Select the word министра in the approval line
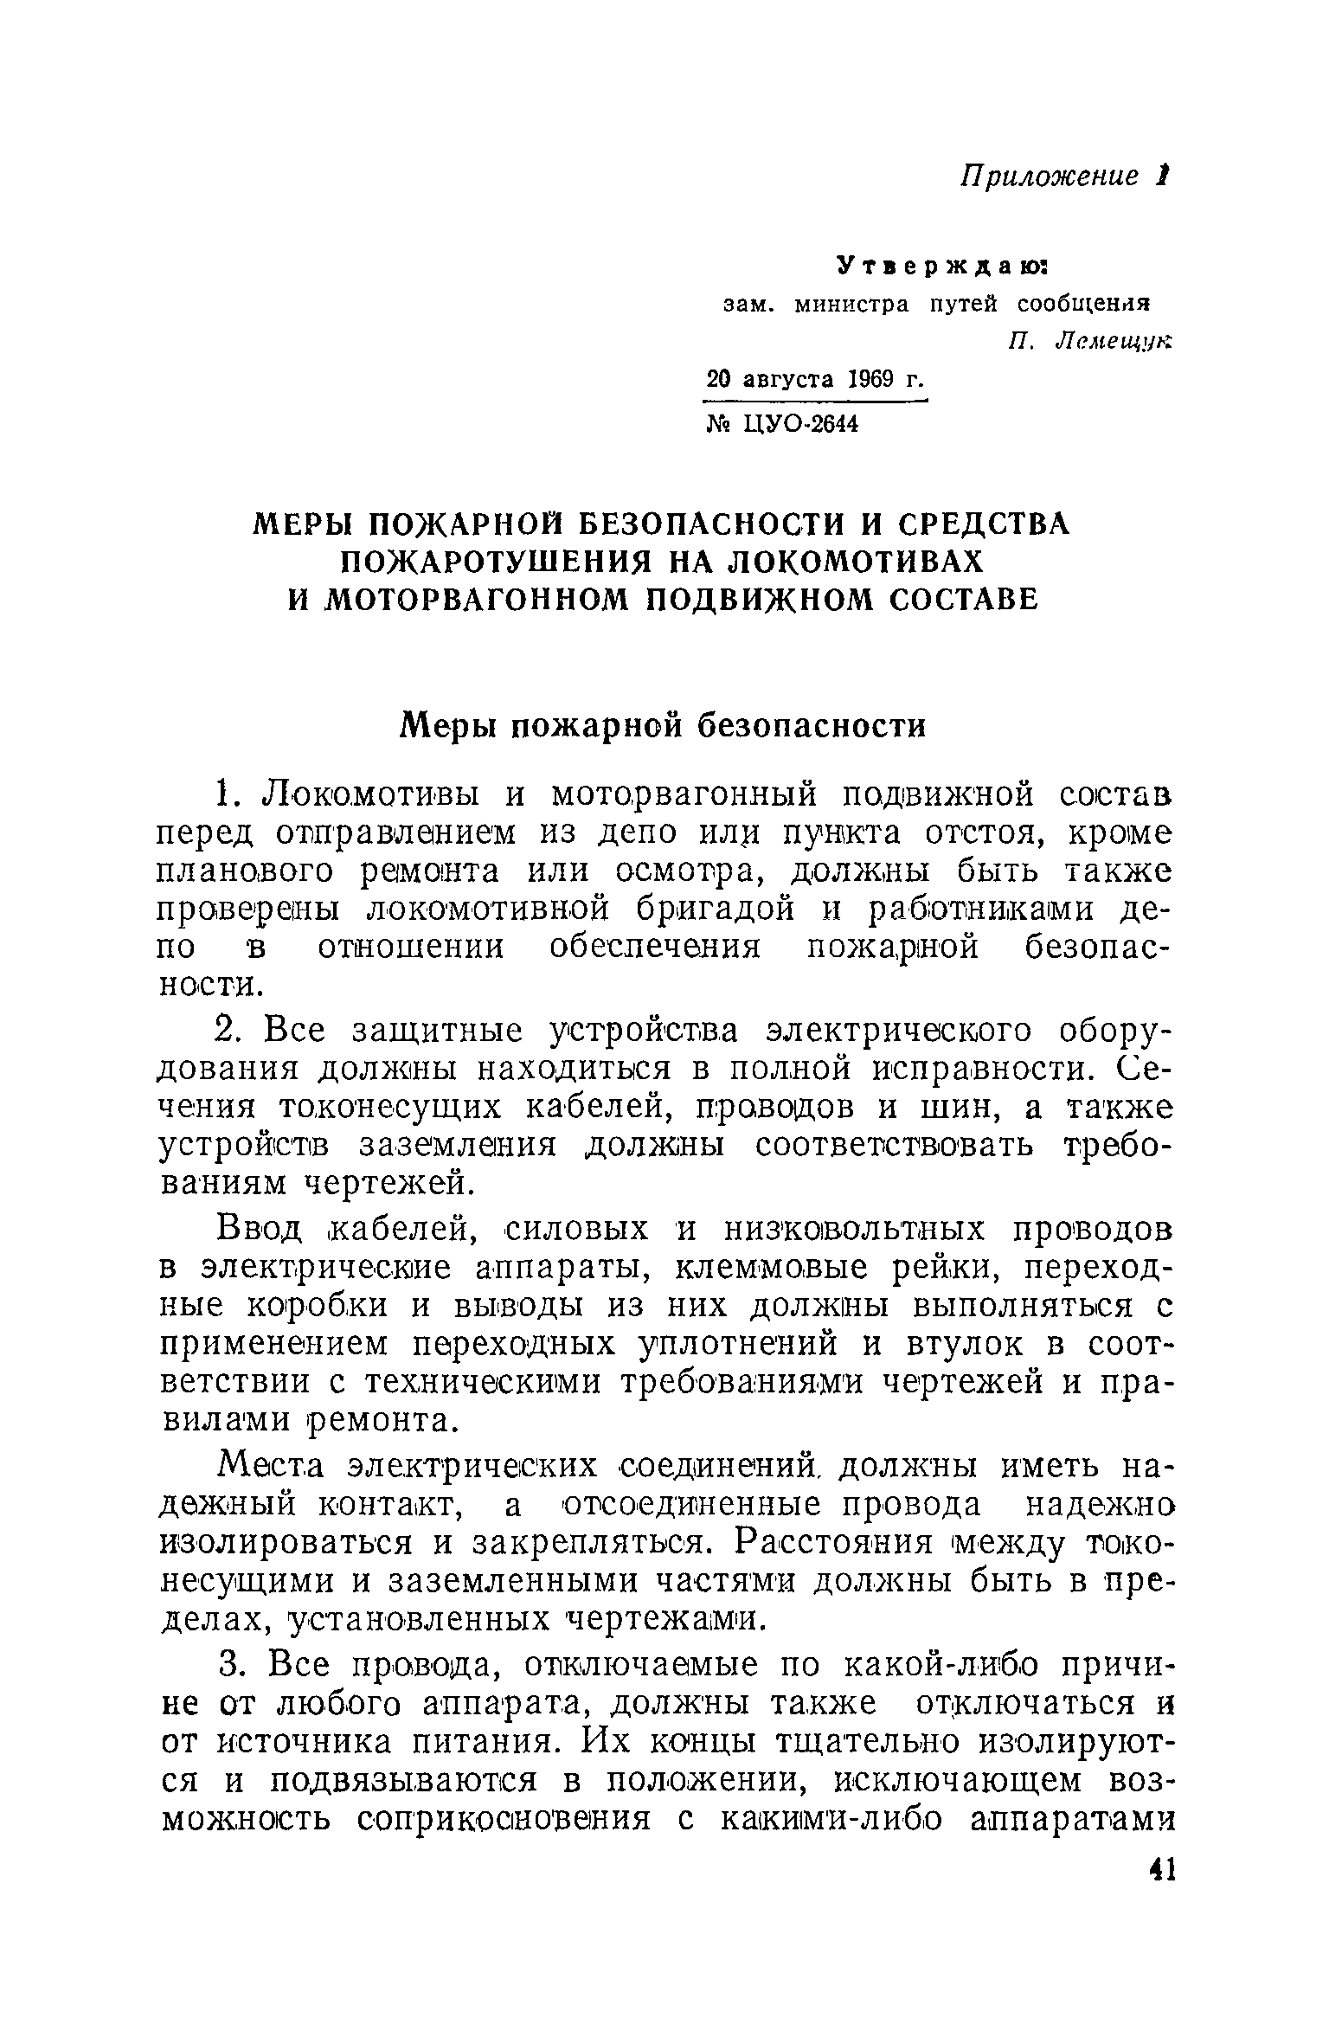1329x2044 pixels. point(851,305)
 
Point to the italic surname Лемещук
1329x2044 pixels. point(1114,341)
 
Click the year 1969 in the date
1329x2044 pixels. point(871,379)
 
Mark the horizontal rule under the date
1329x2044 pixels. point(816,402)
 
